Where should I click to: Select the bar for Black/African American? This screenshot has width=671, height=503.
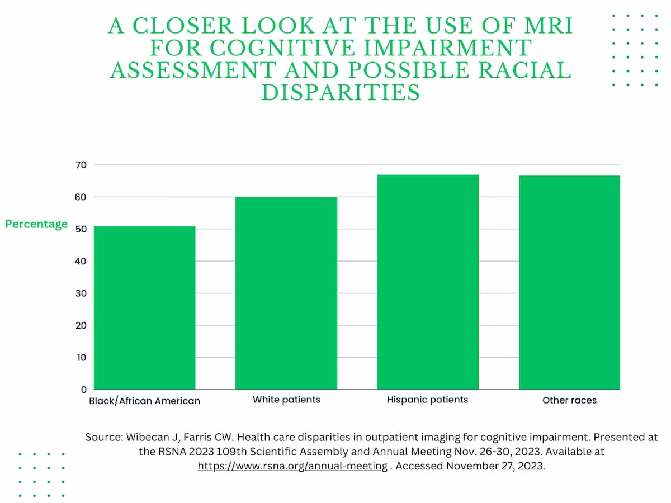tap(144, 307)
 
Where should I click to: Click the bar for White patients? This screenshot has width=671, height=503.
tap(286, 293)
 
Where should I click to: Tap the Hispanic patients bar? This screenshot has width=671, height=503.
tap(428, 282)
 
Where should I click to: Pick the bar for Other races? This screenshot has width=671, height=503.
tap(569, 282)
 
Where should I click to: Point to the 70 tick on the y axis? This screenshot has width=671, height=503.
tap(81, 165)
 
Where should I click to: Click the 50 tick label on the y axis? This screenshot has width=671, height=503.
tap(81, 229)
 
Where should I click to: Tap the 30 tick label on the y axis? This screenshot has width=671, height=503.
tap(81, 293)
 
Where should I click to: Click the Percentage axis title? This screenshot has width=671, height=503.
tap(36, 224)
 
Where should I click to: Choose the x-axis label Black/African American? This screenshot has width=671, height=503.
tap(144, 401)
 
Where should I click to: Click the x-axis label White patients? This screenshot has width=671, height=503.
tap(286, 400)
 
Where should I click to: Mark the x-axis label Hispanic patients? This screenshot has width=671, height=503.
tap(427, 400)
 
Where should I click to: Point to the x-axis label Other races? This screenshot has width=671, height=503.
tap(569, 400)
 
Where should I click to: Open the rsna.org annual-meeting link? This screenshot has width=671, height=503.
tap(292, 466)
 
